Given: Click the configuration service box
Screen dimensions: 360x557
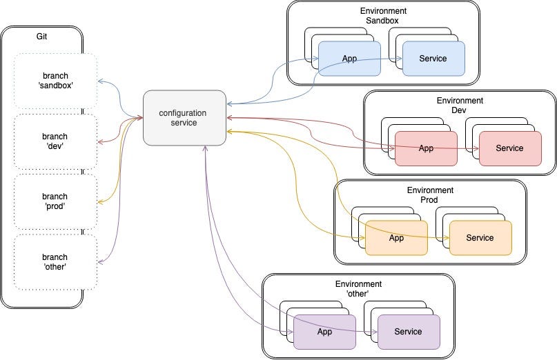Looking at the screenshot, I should (184, 117).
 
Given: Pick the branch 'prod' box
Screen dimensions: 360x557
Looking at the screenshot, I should (55, 201).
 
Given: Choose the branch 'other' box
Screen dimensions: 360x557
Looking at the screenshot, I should (55, 261).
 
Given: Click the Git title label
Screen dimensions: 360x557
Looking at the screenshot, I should (42, 35).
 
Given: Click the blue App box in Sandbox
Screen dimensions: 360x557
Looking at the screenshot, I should (350, 59).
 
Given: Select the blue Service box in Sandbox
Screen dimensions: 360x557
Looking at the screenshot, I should (433, 59).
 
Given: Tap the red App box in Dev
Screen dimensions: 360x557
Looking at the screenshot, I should (426, 148).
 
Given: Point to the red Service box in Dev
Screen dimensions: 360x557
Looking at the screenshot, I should (509, 148).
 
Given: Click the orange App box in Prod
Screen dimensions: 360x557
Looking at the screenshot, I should (396, 238).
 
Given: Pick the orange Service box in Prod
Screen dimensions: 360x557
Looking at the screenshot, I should (480, 238).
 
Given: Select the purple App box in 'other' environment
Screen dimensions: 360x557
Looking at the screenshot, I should (324, 332).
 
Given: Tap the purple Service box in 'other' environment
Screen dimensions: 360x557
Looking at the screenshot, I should (408, 332).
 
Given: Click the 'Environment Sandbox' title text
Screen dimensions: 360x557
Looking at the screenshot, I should (383, 16).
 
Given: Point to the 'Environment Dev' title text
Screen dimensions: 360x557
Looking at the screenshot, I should (460, 106).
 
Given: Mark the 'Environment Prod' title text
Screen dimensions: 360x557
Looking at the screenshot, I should (430, 194).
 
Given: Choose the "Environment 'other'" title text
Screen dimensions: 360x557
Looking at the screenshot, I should (358, 289).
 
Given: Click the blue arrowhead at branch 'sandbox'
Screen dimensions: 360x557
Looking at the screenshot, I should (101, 81).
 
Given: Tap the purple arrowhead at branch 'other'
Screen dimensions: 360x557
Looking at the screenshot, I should (101, 263).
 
